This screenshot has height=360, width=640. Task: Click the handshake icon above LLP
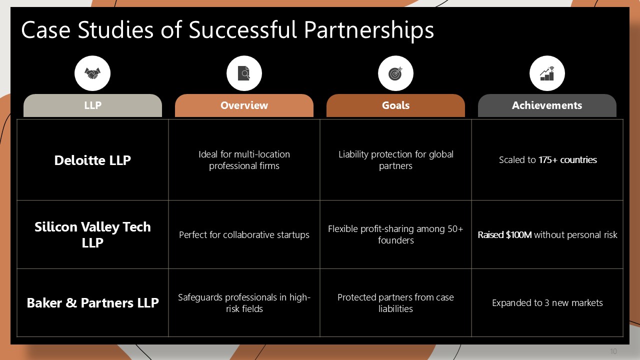pyautogui.click(x=92, y=73)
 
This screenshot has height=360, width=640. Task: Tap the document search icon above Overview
pyautogui.click(x=244, y=73)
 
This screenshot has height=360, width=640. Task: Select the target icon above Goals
pyautogui.click(x=395, y=73)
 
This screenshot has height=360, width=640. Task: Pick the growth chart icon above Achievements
pyautogui.click(x=547, y=73)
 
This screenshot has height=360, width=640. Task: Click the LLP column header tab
pyautogui.click(x=92, y=105)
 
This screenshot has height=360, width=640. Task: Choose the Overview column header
pyautogui.click(x=244, y=105)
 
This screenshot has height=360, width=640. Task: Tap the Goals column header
pyautogui.click(x=395, y=105)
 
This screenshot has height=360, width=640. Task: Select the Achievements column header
pyautogui.click(x=547, y=105)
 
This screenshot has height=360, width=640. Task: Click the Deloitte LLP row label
pyautogui.click(x=92, y=160)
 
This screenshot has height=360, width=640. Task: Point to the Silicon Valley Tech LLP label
pyautogui.click(x=92, y=234)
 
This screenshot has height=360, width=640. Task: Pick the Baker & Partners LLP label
pyautogui.click(x=92, y=303)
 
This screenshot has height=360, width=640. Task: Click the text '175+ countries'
pyautogui.click(x=567, y=159)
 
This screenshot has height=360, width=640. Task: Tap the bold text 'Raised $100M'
pyautogui.click(x=504, y=234)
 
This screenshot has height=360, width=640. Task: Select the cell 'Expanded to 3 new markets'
pyautogui.click(x=547, y=303)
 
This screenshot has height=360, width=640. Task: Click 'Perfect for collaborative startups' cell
pyautogui.click(x=244, y=235)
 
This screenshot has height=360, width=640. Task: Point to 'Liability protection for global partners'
pyautogui.click(x=395, y=160)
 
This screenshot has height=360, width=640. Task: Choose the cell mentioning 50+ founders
pyautogui.click(x=395, y=234)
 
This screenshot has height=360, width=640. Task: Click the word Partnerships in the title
pyautogui.click(x=369, y=30)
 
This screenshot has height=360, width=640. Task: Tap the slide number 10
pyautogui.click(x=613, y=351)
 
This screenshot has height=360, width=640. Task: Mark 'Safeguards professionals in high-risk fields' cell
pyautogui.click(x=244, y=303)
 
